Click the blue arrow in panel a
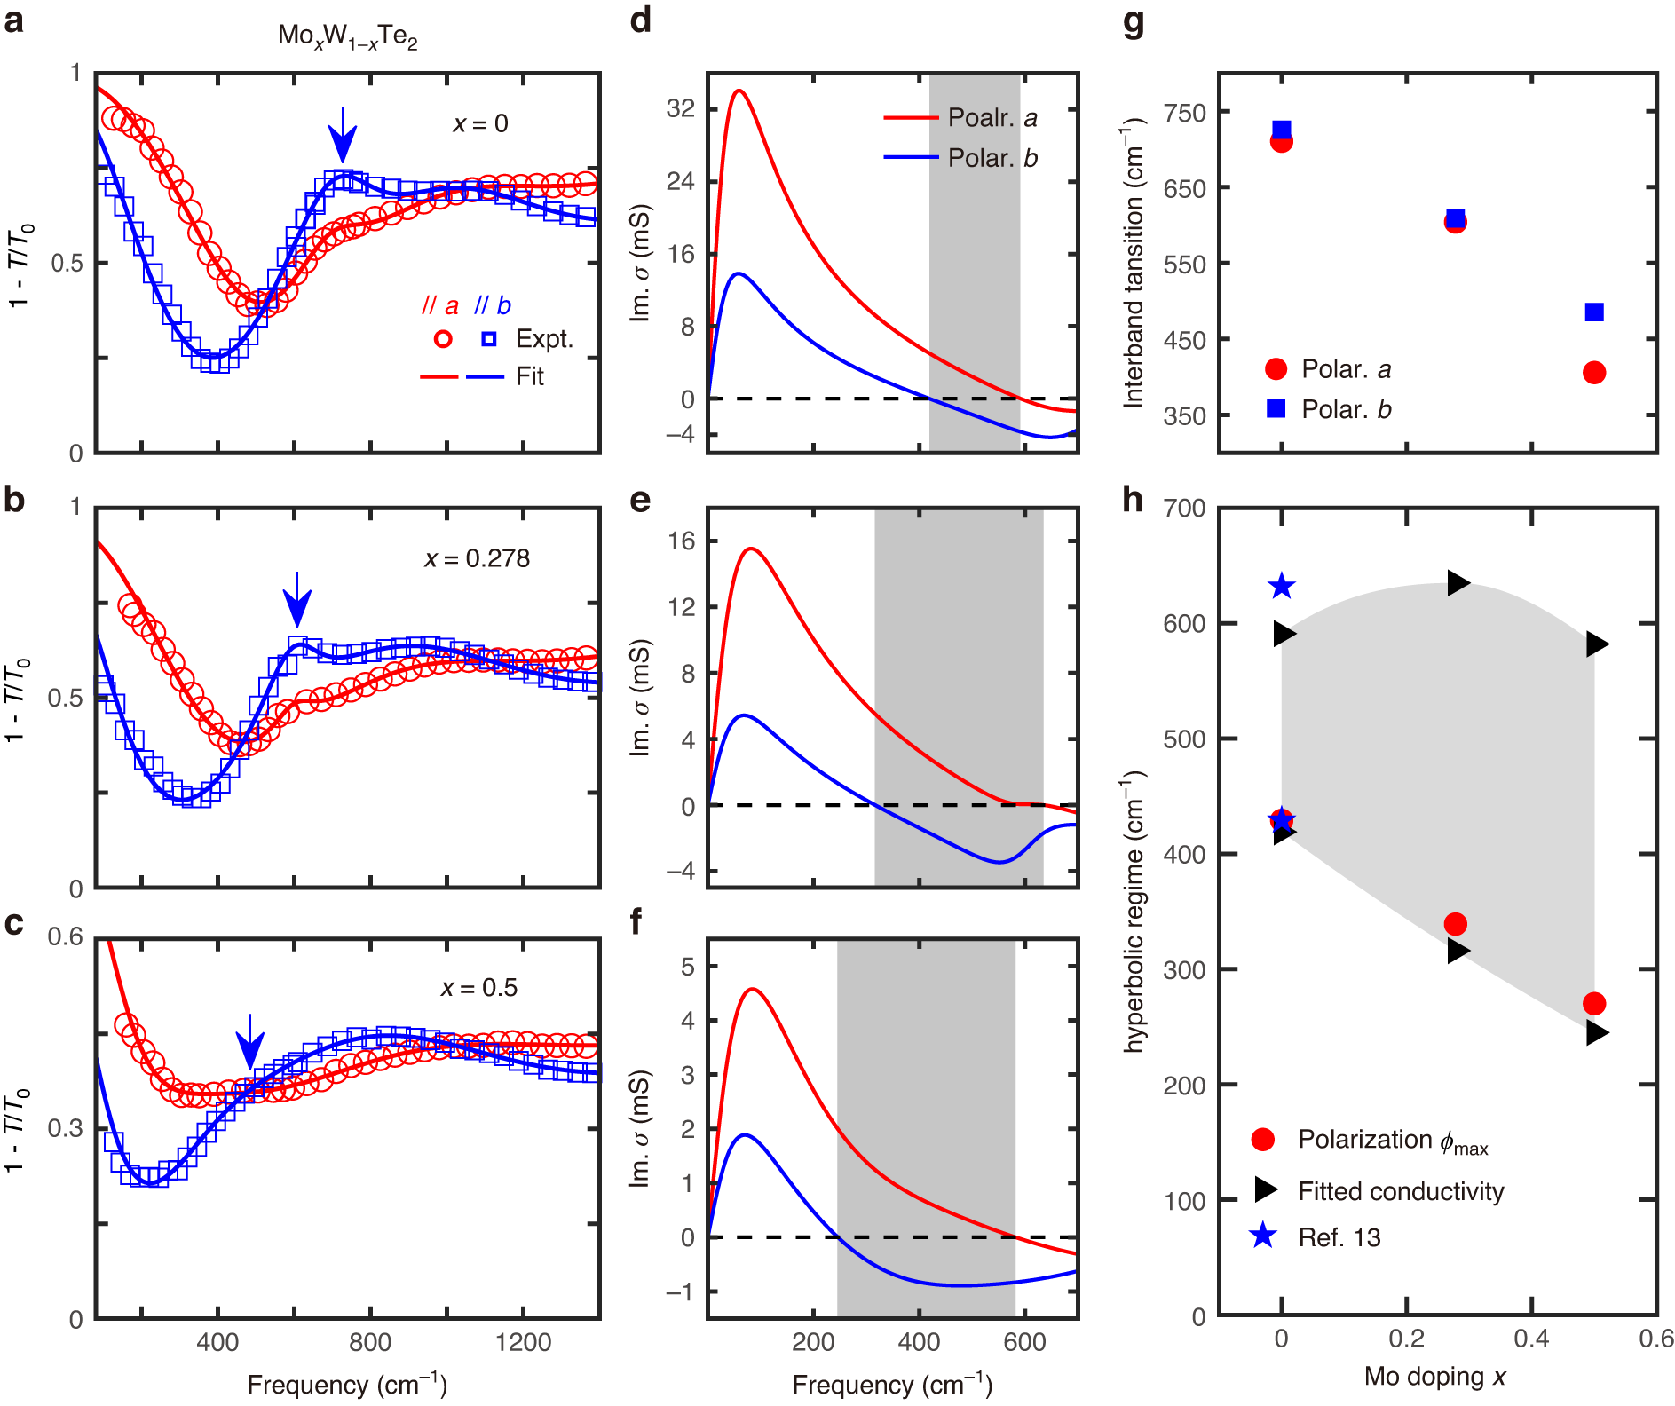point(343,136)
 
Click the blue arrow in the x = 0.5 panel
point(250,1042)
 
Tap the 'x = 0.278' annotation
point(477,558)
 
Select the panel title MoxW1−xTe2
point(347,36)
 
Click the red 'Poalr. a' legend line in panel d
point(911,117)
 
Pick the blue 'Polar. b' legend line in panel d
point(911,157)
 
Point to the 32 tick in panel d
point(680,108)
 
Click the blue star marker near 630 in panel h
point(1281,586)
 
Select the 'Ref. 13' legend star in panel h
point(1262,1236)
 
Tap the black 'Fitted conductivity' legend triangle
point(1265,1190)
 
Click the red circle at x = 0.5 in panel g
point(1593,373)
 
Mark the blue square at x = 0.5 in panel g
point(1593,312)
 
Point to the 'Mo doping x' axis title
point(1434,1377)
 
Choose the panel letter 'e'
point(640,501)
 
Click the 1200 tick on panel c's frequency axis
point(524,1341)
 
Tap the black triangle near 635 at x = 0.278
point(1458,583)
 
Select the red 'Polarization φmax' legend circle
point(1262,1140)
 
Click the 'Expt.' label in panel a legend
point(544,339)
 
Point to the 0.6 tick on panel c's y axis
point(65,937)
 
